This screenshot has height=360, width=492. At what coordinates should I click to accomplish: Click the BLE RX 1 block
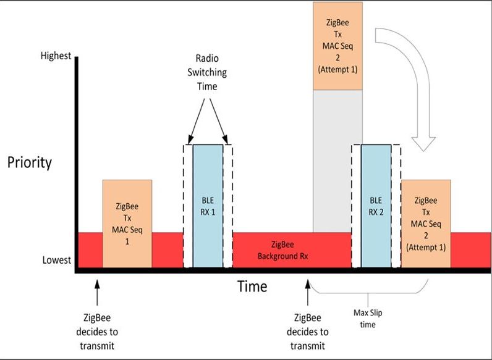click(208, 206)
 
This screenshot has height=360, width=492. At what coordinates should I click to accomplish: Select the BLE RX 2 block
click(376, 206)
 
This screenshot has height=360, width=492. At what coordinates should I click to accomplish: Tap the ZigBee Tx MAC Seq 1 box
click(127, 224)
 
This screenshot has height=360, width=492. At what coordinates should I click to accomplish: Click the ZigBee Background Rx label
click(282, 250)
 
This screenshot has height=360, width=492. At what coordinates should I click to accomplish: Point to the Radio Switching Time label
click(207, 72)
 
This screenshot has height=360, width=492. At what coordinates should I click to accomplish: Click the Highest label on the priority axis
click(56, 56)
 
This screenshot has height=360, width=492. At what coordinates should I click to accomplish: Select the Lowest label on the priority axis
click(57, 260)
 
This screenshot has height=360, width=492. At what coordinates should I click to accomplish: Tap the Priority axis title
click(30, 162)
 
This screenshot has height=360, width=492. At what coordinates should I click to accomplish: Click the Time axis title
click(252, 286)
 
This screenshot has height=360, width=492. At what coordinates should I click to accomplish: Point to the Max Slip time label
click(368, 318)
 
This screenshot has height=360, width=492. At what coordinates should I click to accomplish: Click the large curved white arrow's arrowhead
click(423, 144)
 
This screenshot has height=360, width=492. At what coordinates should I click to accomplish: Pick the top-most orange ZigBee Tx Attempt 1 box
click(337, 46)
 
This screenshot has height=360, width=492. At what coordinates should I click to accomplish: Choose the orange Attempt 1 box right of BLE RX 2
click(426, 224)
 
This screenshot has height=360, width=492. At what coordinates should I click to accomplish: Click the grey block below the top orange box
click(337, 161)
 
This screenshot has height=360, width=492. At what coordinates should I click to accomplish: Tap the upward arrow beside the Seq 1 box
click(97, 293)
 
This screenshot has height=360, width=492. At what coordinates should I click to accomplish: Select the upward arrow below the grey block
click(308, 293)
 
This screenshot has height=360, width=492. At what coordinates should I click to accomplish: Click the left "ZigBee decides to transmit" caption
click(97, 332)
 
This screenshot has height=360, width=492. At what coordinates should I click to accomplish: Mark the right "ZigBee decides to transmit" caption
click(308, 332)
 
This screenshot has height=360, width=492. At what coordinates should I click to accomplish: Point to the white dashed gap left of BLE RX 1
click(188, 206)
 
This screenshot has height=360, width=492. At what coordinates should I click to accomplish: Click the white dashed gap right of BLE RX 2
click(396, 206)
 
